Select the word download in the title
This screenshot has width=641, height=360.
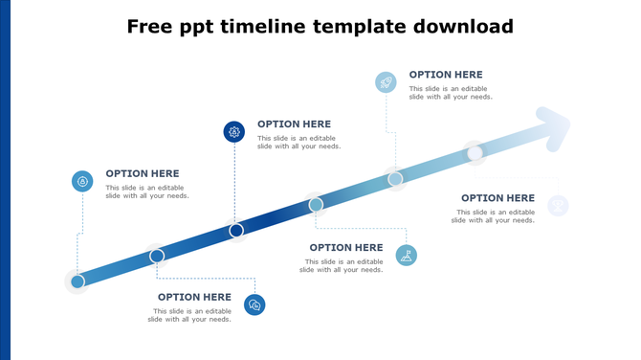pyautogui.click(x=459, y=27)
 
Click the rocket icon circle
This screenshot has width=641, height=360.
pyautogui.click(x=386, y=82)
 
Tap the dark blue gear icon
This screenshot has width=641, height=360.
pyautogui.click(x=234, y=132)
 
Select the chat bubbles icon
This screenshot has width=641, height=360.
pyautogui.click(x=254, y=304)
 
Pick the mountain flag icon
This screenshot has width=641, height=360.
pyautogui.click(x=407, y=255)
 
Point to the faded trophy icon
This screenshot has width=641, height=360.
pyautogui.click(x=558, y=205)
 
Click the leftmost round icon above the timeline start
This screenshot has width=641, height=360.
pyautogui.click(x=83, y=181)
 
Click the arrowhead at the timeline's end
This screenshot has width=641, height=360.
pyautogui.click(x=554, y=128)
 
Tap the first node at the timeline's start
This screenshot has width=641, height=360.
pyautogui.click(x=77, y=281)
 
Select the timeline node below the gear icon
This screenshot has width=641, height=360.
pyautogui.click(x=236, y=230)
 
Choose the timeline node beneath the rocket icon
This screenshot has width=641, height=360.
pyautogui.click(x=395, y=179)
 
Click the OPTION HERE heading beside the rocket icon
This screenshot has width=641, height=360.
pyautogui.click(x=446, y=75)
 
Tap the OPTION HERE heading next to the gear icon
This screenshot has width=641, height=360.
pyautogui.click(x=294, y=124)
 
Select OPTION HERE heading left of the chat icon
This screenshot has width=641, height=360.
pyautogui.click(x=194, y=297)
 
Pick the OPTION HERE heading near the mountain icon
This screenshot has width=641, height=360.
pyautogui.click(x=345, y=248)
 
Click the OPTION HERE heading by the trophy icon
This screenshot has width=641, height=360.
pyautogui.click(x=497, y=198)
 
